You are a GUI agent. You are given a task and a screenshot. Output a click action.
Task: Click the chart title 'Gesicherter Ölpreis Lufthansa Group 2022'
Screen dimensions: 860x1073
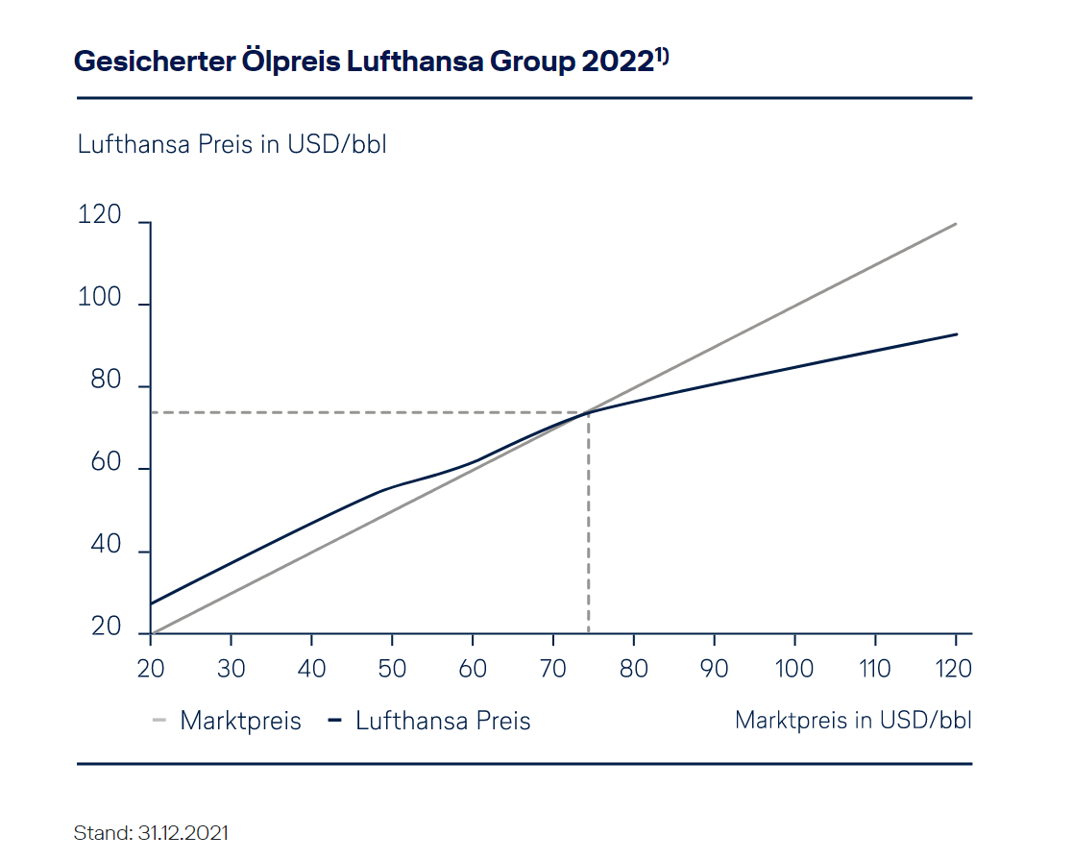click(x=363, y=61)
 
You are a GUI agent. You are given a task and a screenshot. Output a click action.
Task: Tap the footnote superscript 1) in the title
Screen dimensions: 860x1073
click(x=662, y=56)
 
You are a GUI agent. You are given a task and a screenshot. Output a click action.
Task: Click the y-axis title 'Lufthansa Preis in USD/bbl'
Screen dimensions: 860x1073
click(x=232, y=145)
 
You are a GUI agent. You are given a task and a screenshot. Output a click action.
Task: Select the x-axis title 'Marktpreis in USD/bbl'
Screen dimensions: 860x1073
click(x=853, y=720)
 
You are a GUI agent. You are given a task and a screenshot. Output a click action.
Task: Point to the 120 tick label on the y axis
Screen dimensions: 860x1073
click(x=100, y=216)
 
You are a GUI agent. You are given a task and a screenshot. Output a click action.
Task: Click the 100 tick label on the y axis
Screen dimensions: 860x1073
click(x=100, y=299)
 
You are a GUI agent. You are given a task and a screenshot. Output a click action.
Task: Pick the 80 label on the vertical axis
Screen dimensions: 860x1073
click(x=106, y=381)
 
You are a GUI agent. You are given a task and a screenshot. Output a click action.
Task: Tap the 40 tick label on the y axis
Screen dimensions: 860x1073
click(x=106, y=546)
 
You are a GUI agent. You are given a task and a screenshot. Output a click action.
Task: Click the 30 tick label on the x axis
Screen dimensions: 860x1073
click(x=232, y=669)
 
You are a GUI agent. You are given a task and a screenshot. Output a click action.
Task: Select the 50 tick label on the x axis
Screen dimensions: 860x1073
click(x=392, y=669)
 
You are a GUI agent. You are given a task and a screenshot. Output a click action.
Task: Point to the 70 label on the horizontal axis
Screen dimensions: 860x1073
click(x=553, y=669)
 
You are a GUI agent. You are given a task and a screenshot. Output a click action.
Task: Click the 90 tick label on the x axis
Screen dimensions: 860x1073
click(x=714, y=669)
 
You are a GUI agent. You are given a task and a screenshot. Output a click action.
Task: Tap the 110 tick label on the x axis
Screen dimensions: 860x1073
click(x=874, y=669)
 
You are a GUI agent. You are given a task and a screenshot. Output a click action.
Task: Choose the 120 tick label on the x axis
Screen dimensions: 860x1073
click(x=954, y=669)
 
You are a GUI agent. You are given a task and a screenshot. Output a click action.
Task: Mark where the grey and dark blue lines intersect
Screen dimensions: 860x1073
click(x=588, y=412)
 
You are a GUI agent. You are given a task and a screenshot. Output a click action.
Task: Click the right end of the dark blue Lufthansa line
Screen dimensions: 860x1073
click(x=956, y=334)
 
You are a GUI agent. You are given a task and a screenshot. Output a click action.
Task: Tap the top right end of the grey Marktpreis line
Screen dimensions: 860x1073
click(x=956, y=224)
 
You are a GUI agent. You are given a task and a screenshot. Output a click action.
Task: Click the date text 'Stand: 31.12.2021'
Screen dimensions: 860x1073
click(x=151, y=832)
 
